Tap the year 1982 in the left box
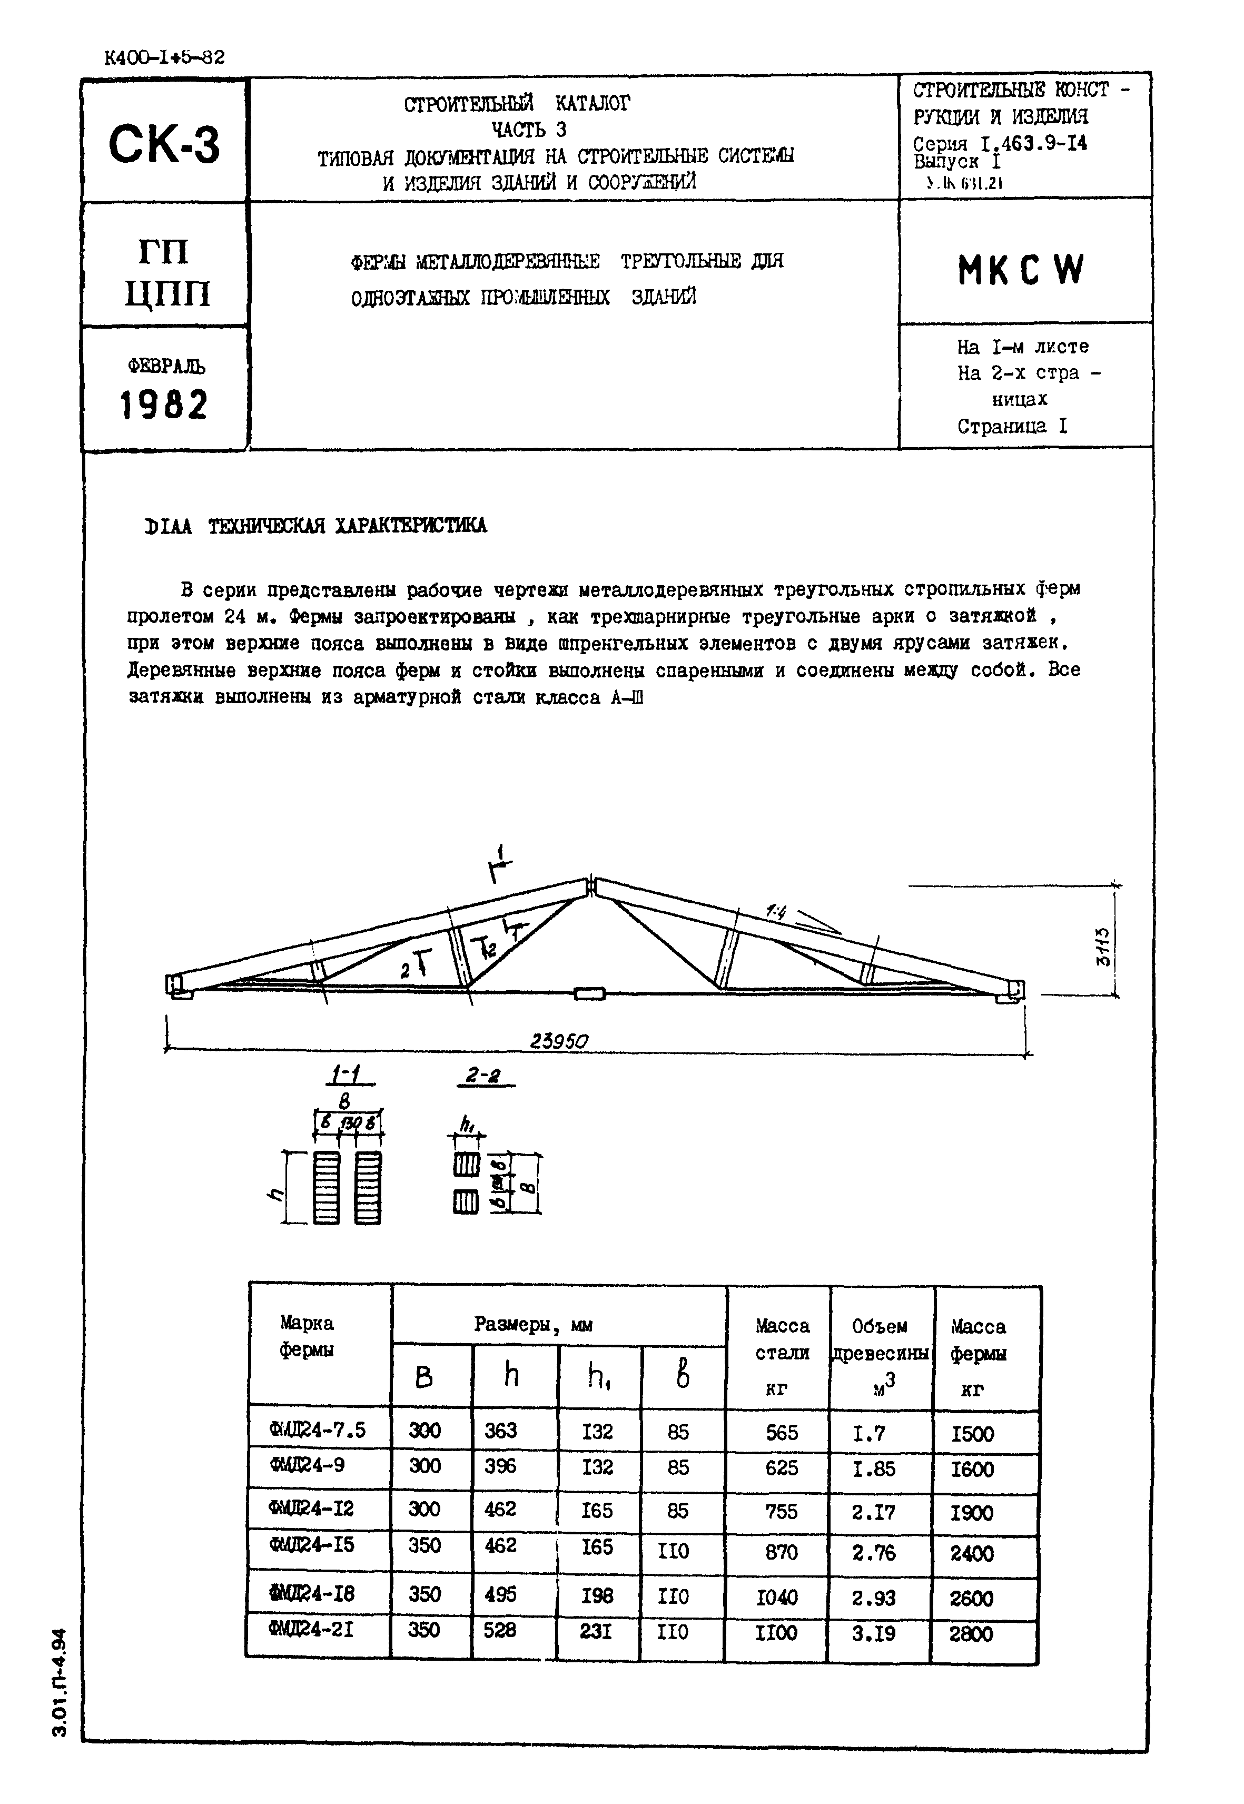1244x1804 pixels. [x=164, y=405]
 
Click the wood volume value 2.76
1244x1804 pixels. [x=874, y=1553]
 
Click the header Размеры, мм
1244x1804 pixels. [x=533, y=1325]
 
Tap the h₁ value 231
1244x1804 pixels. [x=596, y=1630]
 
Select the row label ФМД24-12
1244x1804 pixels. [x=312, y=1509]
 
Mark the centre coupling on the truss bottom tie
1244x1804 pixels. [x=590, y=993]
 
